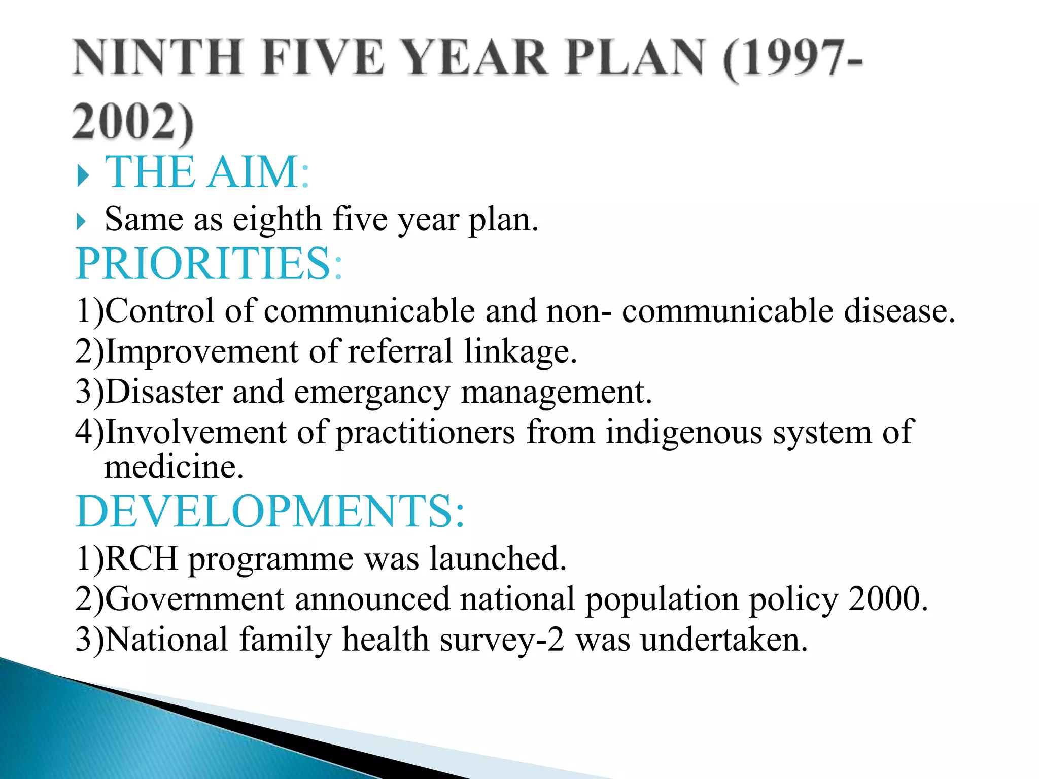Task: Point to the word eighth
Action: tap(277, 220)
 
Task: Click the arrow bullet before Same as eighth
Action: tap(81, 222)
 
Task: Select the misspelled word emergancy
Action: tap(372, 393)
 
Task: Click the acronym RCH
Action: tap(142, 558)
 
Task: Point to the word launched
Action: tap(498, 558)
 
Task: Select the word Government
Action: tap(195, 599)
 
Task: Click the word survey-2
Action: tap(502, 640)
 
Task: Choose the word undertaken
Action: tap(723, 640)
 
